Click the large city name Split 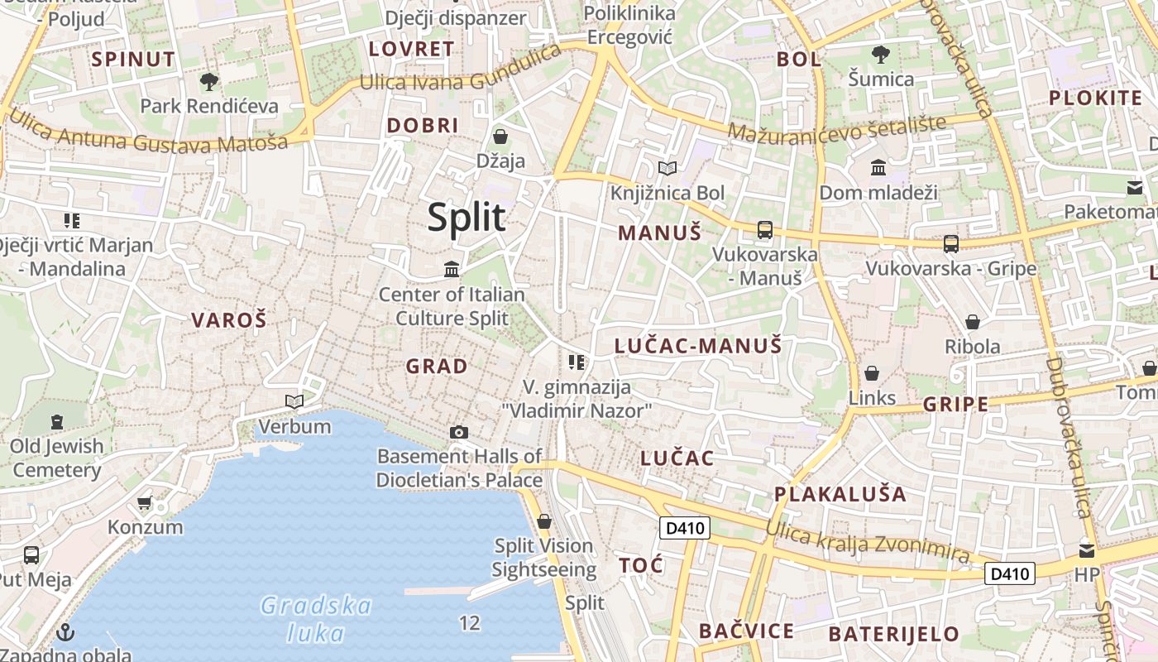tap(467, 218)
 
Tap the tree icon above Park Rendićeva tap(209, 81)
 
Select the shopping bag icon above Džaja tap(500, 136)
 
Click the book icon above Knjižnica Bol tap(667, 169)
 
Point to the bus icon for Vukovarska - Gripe tap(951, 243)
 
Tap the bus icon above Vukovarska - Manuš tap(764, 230)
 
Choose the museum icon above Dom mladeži tap(878, 168)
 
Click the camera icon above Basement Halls tap(459, 432)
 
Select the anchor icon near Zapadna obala tap(65, 634)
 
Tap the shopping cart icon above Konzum tap(145, 502)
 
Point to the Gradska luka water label tap(316, 619)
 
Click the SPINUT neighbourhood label tap(133, 59)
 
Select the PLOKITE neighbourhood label tap(1095, 98)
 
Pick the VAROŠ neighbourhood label tap(229, 320)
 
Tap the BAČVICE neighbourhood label tap(746, 631)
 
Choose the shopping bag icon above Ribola tap(973, 321)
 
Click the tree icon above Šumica tap(881, 55)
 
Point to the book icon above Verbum tap(294, 402)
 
